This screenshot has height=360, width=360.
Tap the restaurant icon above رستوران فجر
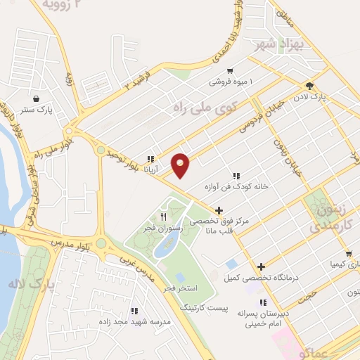coord(163,216)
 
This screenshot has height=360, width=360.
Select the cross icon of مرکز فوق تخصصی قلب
coord(219,210)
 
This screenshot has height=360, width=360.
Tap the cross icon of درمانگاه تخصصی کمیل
coord(262,266)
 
